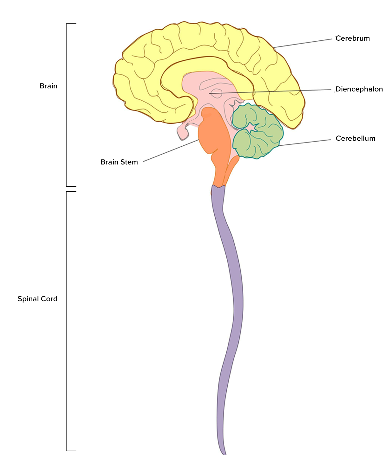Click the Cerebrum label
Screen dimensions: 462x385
click(352, 38)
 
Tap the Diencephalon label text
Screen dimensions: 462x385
click(359, 89)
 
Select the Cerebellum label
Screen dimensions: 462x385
click(355, 139)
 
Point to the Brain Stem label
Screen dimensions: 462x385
click(119, 162)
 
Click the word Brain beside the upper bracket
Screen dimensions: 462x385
click(48, 86)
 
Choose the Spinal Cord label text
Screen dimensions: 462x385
click(38, 299)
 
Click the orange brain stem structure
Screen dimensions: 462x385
click(214, 136)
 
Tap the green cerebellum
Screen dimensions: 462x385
click(259, 136)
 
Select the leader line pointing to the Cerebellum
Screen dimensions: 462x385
click(305, 143)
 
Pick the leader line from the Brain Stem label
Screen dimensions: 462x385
click(171, 151)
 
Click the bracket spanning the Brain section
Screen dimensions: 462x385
click(67, 105)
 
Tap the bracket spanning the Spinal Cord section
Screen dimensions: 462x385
click(67, 320)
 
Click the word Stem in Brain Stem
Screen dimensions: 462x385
click(129, 162)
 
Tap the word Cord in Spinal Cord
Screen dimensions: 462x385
click(49, 299)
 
